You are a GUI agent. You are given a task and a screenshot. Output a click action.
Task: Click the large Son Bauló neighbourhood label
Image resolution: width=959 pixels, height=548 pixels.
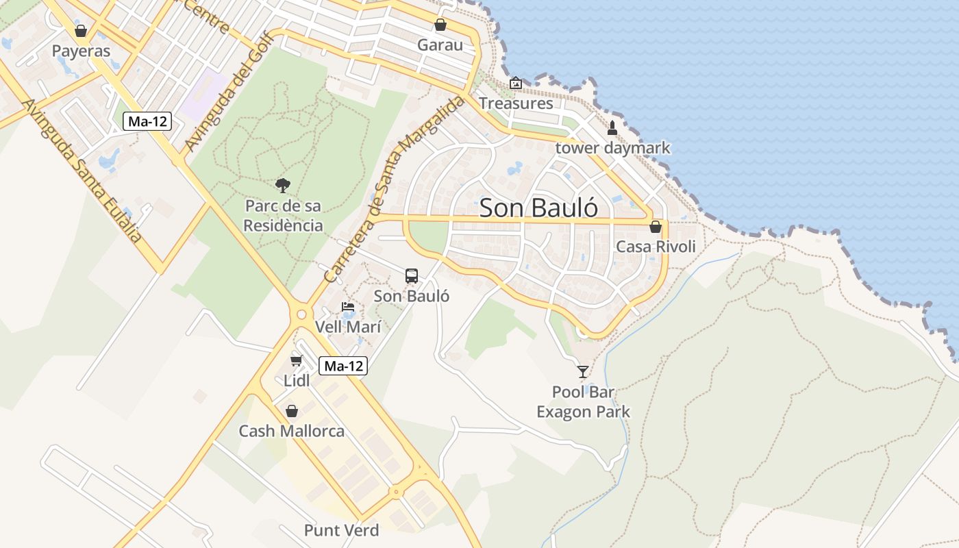538,208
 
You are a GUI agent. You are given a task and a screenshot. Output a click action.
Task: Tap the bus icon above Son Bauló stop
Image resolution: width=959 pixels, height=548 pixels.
411,275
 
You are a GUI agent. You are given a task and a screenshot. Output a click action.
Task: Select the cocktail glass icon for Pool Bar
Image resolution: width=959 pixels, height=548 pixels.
583,371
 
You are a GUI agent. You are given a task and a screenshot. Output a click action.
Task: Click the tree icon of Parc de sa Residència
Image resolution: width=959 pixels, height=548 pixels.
282,185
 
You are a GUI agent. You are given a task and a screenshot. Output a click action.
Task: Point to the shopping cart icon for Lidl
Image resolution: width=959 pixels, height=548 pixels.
297,360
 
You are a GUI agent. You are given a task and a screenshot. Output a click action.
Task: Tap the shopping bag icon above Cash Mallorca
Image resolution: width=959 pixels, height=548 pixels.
292,411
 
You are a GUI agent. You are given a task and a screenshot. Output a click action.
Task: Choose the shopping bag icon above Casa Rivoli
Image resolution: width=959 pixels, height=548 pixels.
656,227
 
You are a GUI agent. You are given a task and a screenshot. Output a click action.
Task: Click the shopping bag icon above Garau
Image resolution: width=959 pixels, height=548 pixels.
440,25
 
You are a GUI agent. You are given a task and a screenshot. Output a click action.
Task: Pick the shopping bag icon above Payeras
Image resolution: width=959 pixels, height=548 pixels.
81,31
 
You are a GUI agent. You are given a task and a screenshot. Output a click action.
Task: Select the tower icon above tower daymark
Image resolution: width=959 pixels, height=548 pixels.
612,127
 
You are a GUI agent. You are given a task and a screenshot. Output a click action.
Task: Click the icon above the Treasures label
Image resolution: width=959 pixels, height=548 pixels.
515,84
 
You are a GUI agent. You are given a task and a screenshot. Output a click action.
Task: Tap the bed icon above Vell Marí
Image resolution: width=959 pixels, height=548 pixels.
348,307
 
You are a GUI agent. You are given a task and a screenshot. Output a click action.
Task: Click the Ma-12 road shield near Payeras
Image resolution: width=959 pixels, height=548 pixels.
147,122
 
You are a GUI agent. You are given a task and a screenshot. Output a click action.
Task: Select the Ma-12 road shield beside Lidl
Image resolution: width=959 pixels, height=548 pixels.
343,366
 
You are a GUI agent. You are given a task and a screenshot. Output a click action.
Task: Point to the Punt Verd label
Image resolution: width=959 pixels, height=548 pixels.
341,530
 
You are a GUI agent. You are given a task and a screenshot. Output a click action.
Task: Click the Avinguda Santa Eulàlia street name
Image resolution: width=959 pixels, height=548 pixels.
82,171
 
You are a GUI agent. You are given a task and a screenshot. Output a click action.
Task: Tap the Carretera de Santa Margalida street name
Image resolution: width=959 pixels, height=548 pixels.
395,190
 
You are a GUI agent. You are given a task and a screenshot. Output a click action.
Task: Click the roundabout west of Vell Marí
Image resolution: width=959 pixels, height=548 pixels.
301,314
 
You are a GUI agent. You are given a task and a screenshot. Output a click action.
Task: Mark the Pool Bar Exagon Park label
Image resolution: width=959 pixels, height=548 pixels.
583,402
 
